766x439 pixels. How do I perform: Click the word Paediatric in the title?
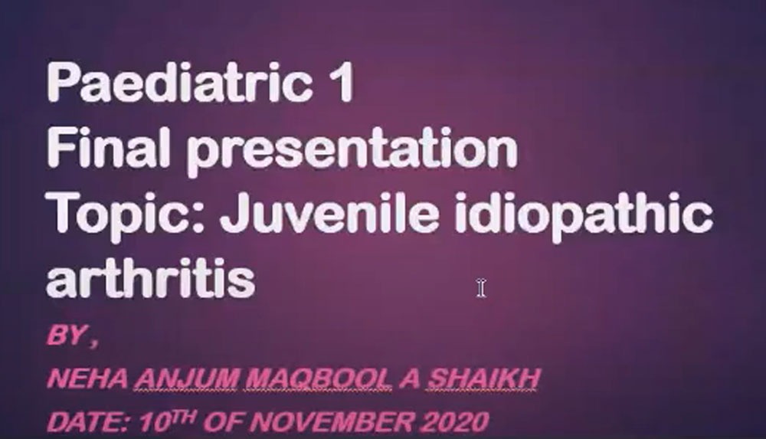click(179, 83)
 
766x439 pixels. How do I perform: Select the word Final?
click(108, 146)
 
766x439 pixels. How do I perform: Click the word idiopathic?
click(583, 215)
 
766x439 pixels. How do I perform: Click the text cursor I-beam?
click(481, 287)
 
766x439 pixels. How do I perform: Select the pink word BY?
click(67, 336)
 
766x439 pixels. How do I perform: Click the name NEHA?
click(87, 378)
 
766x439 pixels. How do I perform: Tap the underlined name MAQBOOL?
click(319, 378)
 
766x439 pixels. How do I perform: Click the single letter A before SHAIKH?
click(409, 378)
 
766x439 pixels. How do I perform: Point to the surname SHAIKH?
click(483, 378)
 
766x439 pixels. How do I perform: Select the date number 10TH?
click(168, 421)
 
